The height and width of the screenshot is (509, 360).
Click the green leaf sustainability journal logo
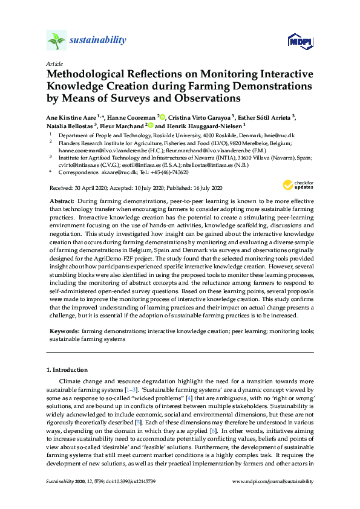coord(56,41)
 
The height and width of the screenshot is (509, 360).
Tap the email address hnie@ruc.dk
coord(283,135)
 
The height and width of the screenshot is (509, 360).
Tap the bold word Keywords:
coord(64,332)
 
